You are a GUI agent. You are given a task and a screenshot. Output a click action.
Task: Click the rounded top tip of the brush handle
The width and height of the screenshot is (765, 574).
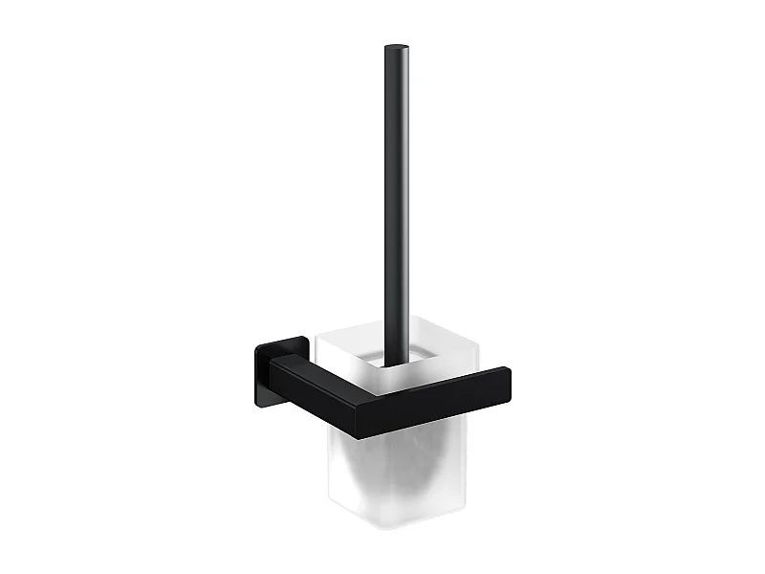(394, 48)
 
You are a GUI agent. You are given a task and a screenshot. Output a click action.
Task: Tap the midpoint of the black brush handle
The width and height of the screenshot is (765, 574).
(394, 201)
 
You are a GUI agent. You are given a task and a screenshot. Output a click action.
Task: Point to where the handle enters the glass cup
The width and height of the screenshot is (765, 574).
(393, 362)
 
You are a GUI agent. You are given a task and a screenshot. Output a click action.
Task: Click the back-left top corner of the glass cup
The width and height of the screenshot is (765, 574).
(317, 328)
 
